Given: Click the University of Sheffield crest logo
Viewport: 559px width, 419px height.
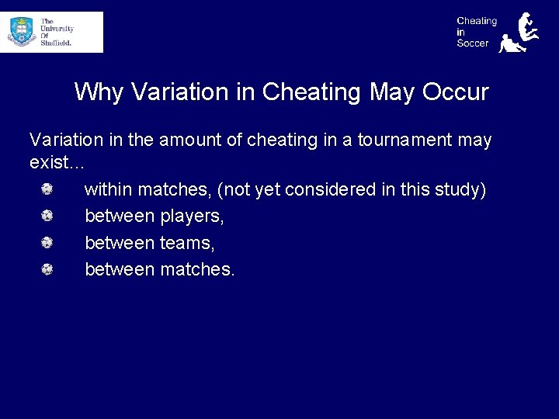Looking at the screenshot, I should pos(22,32).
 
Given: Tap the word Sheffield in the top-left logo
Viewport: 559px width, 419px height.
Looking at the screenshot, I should pos(57,43).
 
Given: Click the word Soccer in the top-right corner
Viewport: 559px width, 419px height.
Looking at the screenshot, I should pos(473,43).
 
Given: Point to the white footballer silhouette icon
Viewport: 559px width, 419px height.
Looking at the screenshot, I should pos(519,33).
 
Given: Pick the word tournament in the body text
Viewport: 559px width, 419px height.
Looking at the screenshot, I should pos(406,140).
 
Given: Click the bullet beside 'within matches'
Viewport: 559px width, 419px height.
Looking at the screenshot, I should pos(47,189).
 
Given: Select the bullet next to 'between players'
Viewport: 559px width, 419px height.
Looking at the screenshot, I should pos(47,216).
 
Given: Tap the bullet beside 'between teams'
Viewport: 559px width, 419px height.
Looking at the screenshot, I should pos(47,243).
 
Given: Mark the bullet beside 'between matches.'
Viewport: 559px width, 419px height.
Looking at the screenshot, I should pos(47,269).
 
